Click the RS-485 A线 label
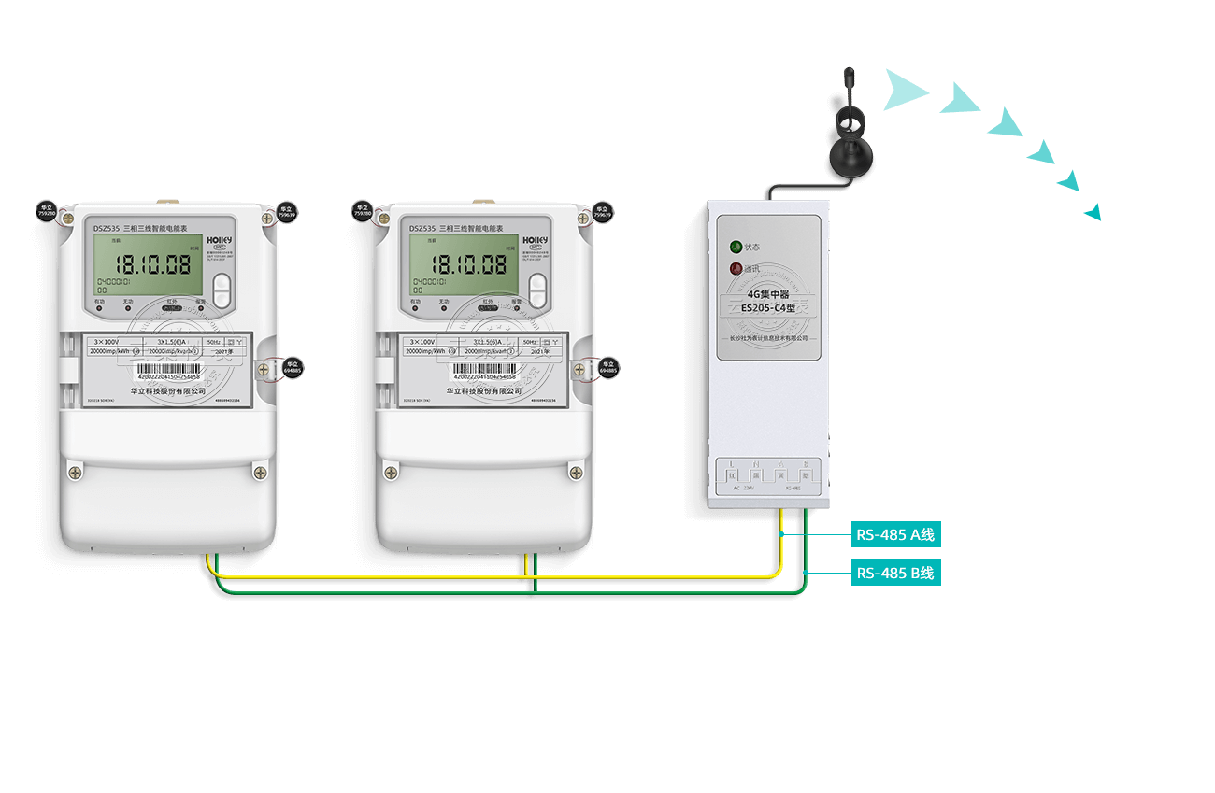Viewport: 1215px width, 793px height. click(x=895, y=535)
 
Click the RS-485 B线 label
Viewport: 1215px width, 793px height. click(x=895, y=573)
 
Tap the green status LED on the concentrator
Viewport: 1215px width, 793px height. click(x=736, y=248)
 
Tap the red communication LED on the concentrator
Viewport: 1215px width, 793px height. click(x=736, y=269)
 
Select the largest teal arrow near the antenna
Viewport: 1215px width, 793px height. click(x=904, y=90)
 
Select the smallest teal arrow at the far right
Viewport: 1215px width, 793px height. click(x=1093, y=213)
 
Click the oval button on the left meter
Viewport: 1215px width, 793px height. click(x=222, y=290)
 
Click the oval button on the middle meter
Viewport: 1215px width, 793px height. click(x=537, y=290)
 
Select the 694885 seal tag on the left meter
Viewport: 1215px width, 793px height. click(x=293, y=367)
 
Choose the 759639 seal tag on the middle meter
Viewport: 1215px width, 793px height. click(x=603, y=212)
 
